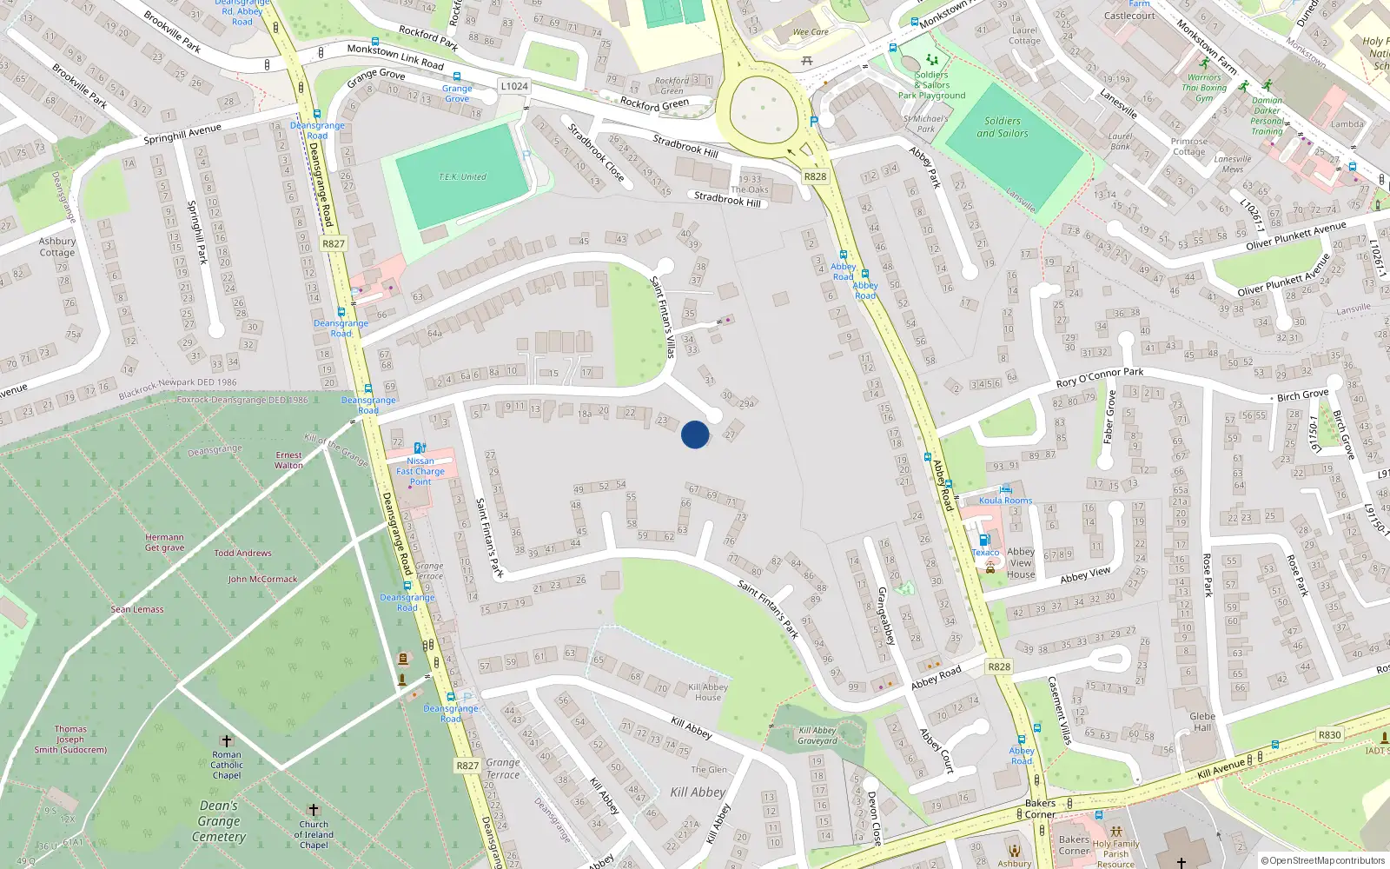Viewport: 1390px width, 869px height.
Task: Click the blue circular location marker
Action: (x=695, y=434)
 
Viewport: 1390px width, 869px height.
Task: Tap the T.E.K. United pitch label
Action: (x=462, y=177)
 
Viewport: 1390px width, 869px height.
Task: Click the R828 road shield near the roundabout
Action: (x=815, y=176)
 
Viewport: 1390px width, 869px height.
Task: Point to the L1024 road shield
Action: (x=514, y=86)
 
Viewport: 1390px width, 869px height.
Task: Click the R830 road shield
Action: (x=1329, y=735)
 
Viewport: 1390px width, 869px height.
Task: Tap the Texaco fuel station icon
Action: (x=984, y=540)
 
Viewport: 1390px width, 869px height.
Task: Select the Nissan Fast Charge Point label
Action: (x=420, y=471)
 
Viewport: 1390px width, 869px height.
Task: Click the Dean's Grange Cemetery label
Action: (x=219, y=821)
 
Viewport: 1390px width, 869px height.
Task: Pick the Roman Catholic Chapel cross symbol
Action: (x=227, y=741)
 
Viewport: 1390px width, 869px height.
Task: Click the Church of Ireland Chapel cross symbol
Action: (x=314, y=810)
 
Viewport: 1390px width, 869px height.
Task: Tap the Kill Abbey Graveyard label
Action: (x=817, y=736)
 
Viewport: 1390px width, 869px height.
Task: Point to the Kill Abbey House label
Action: (x=708, y=692)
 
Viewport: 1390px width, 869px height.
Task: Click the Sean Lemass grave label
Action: (x=137, y=609)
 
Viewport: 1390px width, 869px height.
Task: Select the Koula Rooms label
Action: (x=1006, y=501)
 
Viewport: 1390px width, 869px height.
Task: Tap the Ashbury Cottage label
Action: (x=57, y=247)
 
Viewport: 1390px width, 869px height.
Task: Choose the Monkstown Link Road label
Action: (x=395, y=56)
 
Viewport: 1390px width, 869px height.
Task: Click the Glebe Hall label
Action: (x=1202, y=722)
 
